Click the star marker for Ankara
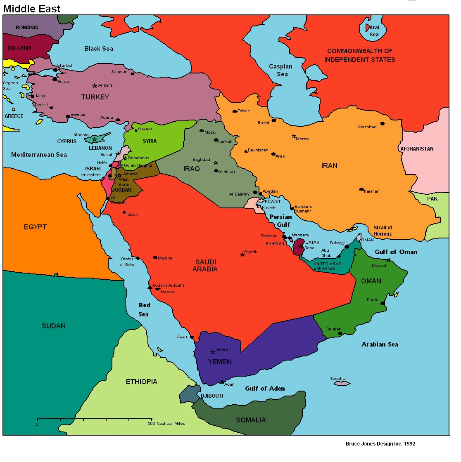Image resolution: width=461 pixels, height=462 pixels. (95, 86)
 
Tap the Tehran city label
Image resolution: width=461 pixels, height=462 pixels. (302, 139)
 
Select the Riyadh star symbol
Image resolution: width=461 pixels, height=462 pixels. (242, 255)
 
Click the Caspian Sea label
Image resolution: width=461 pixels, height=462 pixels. (281, 70)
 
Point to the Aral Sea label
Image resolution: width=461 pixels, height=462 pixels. (374, 31)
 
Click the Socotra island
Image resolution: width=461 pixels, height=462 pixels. (342, 384)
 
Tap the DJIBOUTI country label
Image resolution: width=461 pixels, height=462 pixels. (212, 396)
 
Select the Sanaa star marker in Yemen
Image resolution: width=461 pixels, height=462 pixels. (213, 352)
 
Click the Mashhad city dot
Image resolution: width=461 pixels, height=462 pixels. (383, 123)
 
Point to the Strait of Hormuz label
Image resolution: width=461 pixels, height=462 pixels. (383, 231)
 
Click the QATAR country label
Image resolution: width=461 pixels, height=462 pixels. (312, 243)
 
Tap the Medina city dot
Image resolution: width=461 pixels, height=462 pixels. (155, 257)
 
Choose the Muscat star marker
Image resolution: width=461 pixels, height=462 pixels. (388, 260)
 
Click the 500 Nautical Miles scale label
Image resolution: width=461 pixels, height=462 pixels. (166, 424)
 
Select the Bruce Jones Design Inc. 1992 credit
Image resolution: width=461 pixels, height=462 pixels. (380, 444)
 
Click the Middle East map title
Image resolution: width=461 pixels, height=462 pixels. (32, 9)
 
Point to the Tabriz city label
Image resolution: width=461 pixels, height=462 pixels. (243, 111)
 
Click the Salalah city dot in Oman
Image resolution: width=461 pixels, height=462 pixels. (340, 333)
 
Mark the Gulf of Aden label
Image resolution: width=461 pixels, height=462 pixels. (265, 389)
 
